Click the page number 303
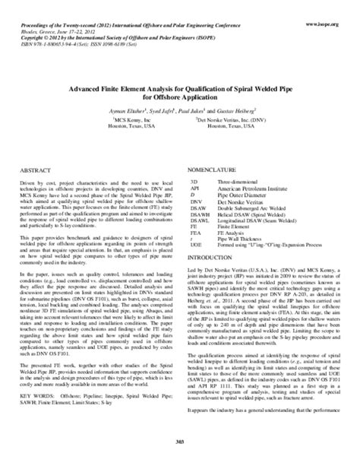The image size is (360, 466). click(x=180, y=455)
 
